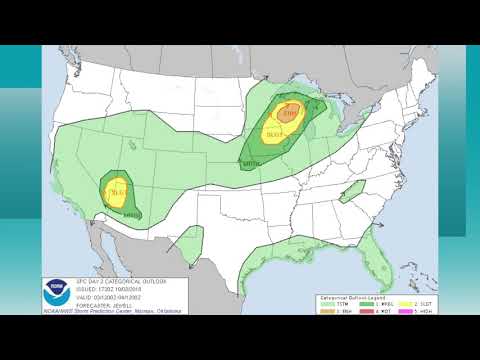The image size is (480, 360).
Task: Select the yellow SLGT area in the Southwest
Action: pos(118,192)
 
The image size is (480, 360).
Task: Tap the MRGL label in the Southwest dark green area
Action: pos(132,213)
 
